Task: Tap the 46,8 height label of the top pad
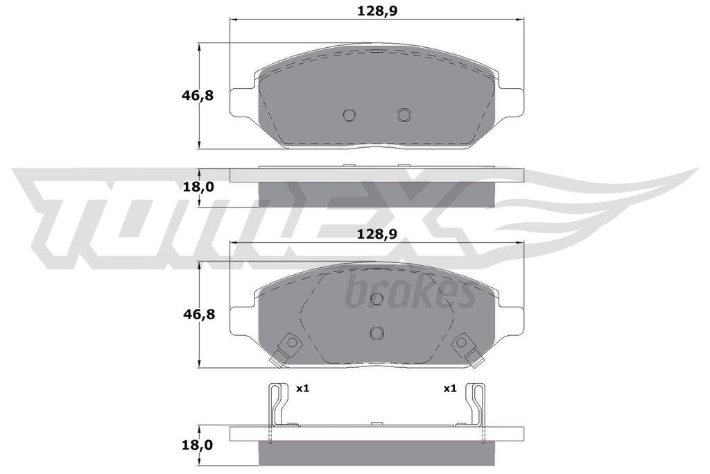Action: pyautogui.click(x=198, y=96)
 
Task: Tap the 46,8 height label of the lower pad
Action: pyautogui.click(x=198, y=314)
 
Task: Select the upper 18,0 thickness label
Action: pyautogui.click(x=198, y=187)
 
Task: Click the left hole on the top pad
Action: pyautogui.click(x=349, y=115)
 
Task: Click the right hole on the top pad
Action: pyautogui.click(x=404, y=115)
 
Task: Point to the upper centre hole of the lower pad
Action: pyautogui.click(x=376, y=298)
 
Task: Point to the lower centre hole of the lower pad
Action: pyautogui.click(x=376, y=333)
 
